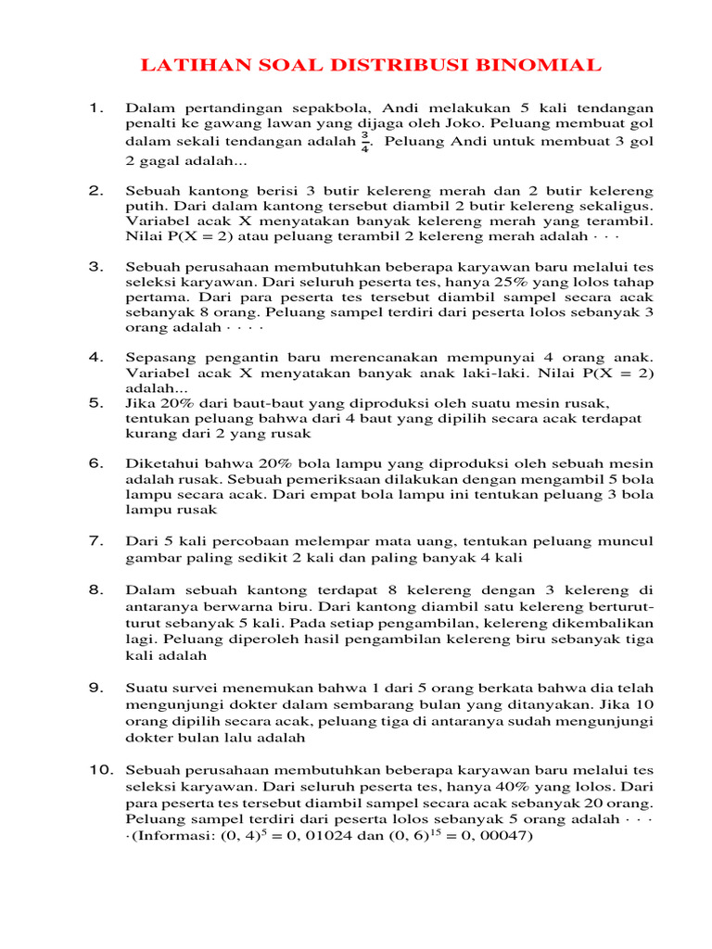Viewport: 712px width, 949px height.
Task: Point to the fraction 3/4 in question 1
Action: pyautogui.click(x=365, y=142)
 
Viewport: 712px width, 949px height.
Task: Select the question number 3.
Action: pyautogui.click(x=95, y=266)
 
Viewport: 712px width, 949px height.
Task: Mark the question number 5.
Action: pyautogui.click(x=95, y=402)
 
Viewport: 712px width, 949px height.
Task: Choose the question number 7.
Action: pyautogui.click(x=95, y=539)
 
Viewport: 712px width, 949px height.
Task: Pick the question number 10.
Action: pyautogui.click(x=99, y=769)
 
